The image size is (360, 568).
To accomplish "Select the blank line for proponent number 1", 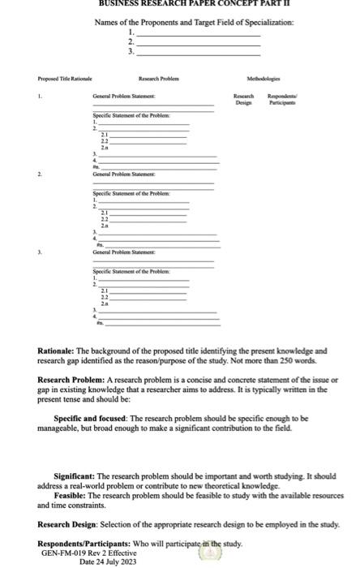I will [198, 33].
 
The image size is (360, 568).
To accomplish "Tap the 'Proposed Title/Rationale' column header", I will [38, 80].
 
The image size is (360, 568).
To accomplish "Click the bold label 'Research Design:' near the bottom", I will [68, 525].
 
